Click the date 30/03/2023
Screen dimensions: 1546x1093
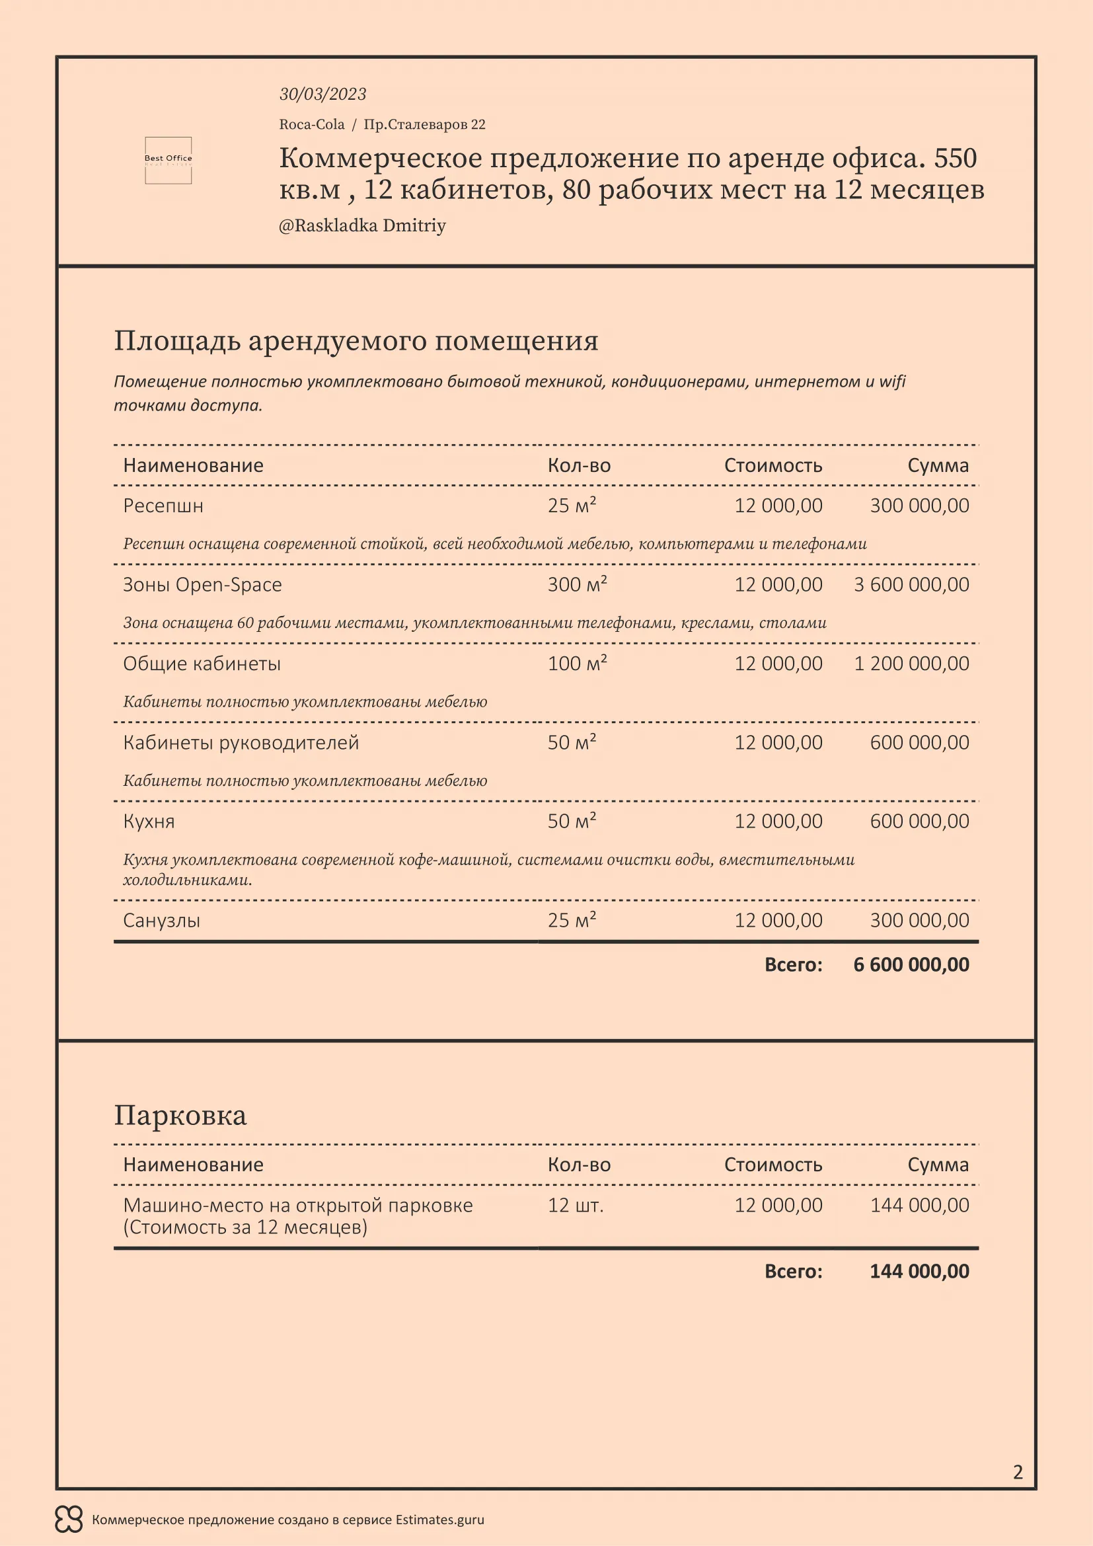pyautogui.click(x=322, y=95)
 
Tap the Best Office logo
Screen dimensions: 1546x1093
pyautogui.click(x=169, y=159)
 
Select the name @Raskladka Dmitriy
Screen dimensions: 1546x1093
pyautogui.click(x=362, y=225)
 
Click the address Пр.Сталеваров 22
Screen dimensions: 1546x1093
pyautogui.click(x=424, y=124)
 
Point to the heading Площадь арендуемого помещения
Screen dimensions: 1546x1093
pyautogui.click(x=356, y=340)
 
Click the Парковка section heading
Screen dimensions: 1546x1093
pyautogui.click(x=180, y=1115)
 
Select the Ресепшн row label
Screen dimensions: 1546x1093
pyautogui.click(x=163, y=506)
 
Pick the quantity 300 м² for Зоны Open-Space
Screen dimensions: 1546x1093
pyautogui.click(x=577, y=584)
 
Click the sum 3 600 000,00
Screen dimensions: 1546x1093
pyautogui.click(x=911, y=584)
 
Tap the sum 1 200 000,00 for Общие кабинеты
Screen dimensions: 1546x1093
pyautogui.click(x=911, y=663)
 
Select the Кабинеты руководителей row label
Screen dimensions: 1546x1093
pyautogui.click(x=241, y=743)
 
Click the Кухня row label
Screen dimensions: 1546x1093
pyautogui.click(x=149, y=822)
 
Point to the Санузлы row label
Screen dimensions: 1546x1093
pyautogui.click(x=161, y=921)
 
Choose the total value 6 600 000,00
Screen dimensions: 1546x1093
pyautogui.click(x=911, y=965)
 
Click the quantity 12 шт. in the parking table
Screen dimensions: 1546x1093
pyautogui.click(x=576, y=1206)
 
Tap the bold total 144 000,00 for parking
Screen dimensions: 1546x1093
pyautogui.click(x=919, y=1271)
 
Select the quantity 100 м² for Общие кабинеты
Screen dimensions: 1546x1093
pyautogui.click(x=577, y=663)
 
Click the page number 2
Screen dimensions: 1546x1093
pyautogui.click(x=1018, y=1472)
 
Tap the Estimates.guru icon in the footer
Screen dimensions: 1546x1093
pyautogui.click(x=69, y=1520)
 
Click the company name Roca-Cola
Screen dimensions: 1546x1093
pyautogui.click(x=312, y=124)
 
